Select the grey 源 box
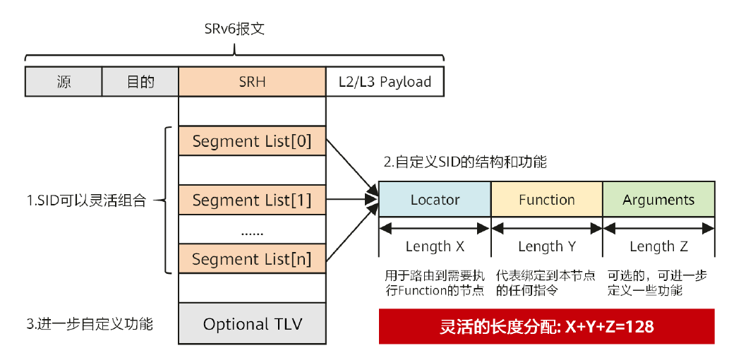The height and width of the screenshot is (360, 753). (64, 82)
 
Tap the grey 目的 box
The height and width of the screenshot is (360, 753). (140, 82)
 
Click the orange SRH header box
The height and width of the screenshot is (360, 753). (252, 82)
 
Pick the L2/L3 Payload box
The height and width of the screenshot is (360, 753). (385, 82)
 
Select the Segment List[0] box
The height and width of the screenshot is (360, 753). (252, 141)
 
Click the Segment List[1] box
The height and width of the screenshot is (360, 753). (252, 200)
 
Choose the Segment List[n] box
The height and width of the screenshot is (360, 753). (252, 259)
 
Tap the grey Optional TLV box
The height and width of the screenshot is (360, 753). (252, 324)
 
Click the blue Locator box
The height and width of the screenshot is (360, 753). (435, 200)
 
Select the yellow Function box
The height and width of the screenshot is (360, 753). (546, 200)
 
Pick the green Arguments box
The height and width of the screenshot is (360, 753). (658, 200)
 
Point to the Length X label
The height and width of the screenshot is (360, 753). (435, 246)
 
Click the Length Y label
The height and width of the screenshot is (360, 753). (546, 246)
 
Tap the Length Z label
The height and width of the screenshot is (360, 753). (658, 246)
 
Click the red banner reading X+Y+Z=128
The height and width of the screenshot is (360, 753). (546, 326)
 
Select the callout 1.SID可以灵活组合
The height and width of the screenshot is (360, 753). (85, 200)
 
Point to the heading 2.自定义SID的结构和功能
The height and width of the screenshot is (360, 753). (465, 162)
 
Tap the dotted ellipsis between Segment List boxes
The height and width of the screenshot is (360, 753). (252, 230)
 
